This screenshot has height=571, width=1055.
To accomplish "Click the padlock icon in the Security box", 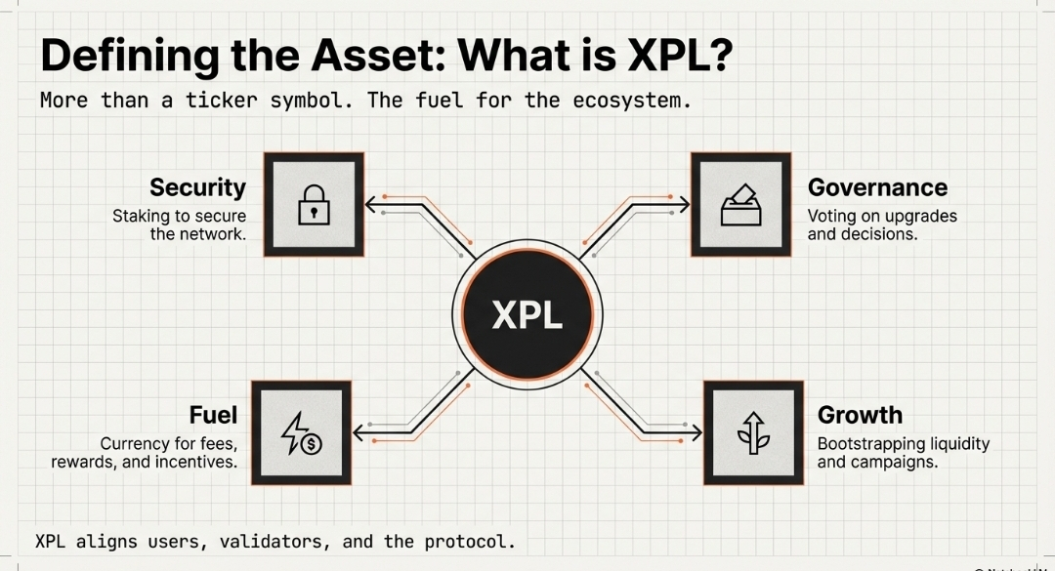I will point(314,205).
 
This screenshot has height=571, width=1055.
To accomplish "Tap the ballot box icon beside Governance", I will point(740,205).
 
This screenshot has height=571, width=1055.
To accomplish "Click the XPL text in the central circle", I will point(527,315).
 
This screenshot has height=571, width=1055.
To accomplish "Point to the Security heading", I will point(197,187).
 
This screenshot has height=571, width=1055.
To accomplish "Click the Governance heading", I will point(877,187).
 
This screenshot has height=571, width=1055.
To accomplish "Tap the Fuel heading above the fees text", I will point(213,415).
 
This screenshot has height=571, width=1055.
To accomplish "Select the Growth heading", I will point(860,415).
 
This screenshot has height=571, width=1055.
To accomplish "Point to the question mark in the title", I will point(718,57).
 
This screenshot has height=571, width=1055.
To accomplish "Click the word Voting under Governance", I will point(833,216).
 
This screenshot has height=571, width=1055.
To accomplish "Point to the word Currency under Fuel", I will point(136,443).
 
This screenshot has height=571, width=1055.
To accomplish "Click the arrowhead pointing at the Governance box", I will point(685,205).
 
